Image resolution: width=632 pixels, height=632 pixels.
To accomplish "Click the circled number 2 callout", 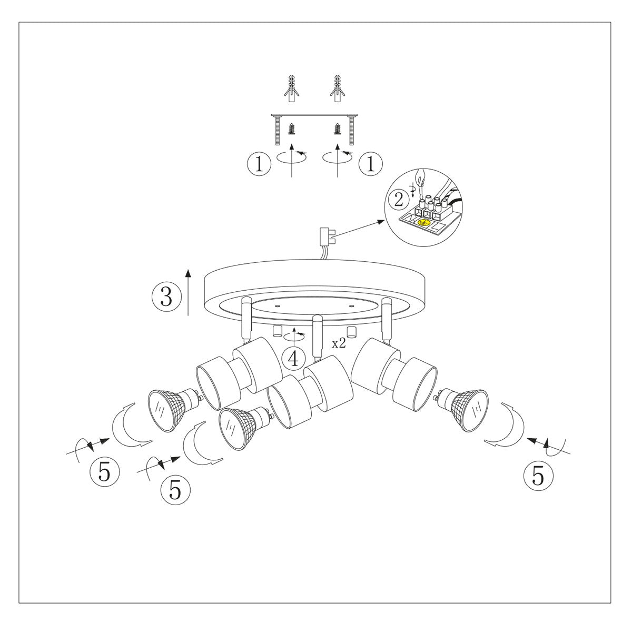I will click(398, 199).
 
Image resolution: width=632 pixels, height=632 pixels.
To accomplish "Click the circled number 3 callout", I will click(166, 296).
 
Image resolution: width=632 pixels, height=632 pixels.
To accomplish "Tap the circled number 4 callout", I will click(293, 358).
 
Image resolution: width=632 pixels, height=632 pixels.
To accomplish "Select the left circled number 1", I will click(259, 164).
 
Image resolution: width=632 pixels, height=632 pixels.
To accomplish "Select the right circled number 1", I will click(370, 164).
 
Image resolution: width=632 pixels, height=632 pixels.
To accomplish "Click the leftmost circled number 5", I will click(104, 471).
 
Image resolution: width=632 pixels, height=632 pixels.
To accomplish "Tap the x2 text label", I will click(339, 344).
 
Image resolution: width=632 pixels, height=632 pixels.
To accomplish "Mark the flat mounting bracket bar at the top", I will click(314, 116).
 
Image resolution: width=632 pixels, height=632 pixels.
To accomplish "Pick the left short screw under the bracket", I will click(292, 130).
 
